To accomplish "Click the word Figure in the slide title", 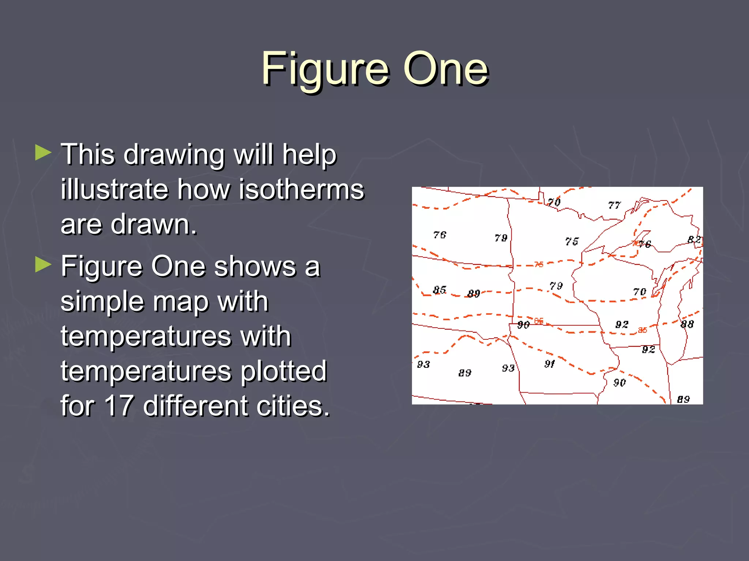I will (325, 69).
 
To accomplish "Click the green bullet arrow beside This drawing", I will (43, 153).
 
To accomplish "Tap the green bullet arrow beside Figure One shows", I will (43, 265).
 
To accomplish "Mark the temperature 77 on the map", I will (614, 205).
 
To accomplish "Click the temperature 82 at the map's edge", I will (694, 240).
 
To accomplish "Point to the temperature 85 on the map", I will (439, 290).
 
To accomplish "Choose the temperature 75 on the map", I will (572, 241).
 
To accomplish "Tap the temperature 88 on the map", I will (687, 324).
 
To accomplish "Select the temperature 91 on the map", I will (549, 364).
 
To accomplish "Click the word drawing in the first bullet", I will (174, 155).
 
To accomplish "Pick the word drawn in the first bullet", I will (154, 224).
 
